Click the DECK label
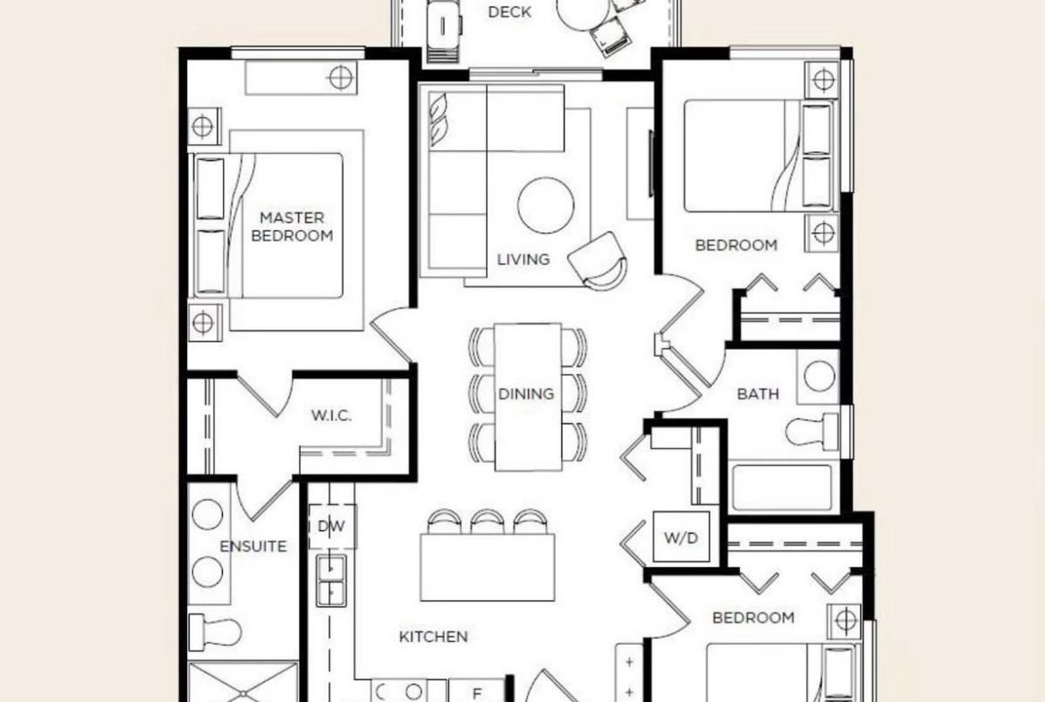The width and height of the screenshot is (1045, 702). [510, 12]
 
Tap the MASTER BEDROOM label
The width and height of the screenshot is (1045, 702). [292, 226]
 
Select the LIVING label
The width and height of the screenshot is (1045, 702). [523, 259]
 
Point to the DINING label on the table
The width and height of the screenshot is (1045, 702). [526, 393]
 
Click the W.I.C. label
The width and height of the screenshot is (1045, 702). [331, 416]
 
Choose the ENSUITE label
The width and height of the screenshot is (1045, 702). [253, 546]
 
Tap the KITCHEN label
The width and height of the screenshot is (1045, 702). [433, 637]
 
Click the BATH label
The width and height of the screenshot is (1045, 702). [758, 393]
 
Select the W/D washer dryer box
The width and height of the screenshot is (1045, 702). [681, 537]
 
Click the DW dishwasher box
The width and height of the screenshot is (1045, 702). [332, 526]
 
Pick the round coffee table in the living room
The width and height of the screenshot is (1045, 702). [546, 205]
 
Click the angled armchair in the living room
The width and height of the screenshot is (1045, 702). [599, 261]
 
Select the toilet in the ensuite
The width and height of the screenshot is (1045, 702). [216, 631]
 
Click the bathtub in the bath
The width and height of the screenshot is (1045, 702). [782, 487]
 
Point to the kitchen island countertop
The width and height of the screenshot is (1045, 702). [488, 567]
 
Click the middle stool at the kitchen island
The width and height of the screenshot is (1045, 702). [488, 521]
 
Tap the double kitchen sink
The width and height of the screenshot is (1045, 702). [330, 580]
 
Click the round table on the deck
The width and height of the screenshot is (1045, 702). [582, 12]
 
